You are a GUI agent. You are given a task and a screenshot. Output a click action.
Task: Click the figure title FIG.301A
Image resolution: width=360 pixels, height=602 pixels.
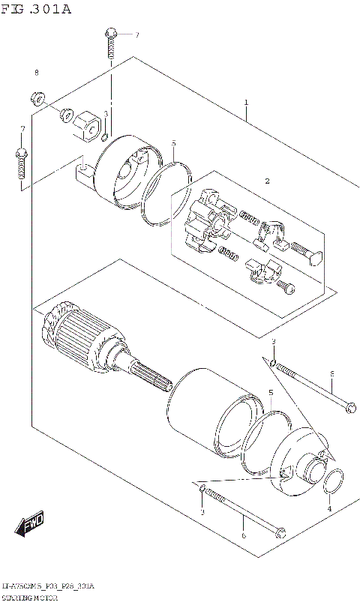click(x=36, y=8)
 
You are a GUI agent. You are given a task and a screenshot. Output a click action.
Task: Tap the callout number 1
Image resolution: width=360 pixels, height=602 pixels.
click(x=245, y=101)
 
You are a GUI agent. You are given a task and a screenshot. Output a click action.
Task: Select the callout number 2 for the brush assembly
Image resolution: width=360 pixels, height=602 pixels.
click(x=266, y=181)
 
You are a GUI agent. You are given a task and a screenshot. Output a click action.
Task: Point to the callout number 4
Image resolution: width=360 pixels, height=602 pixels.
click(x=328, y=510)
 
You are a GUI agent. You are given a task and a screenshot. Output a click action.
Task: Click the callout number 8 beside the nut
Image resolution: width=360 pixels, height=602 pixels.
click(x=35, y=73)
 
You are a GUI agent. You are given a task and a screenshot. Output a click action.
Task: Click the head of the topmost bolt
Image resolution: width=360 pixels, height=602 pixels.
click(x=110, y=32)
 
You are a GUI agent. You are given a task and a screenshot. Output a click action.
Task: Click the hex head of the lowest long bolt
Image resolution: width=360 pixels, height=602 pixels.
click(x=280, y=535)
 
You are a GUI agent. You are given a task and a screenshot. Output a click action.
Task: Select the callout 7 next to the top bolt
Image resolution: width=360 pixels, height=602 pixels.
click(x=137, y=35)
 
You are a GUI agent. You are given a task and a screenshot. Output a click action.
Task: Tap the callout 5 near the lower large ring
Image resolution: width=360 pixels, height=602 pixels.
click(x=271, y=393)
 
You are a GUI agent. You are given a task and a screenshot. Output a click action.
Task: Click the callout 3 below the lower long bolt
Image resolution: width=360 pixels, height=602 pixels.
click(x=202, y=512)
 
